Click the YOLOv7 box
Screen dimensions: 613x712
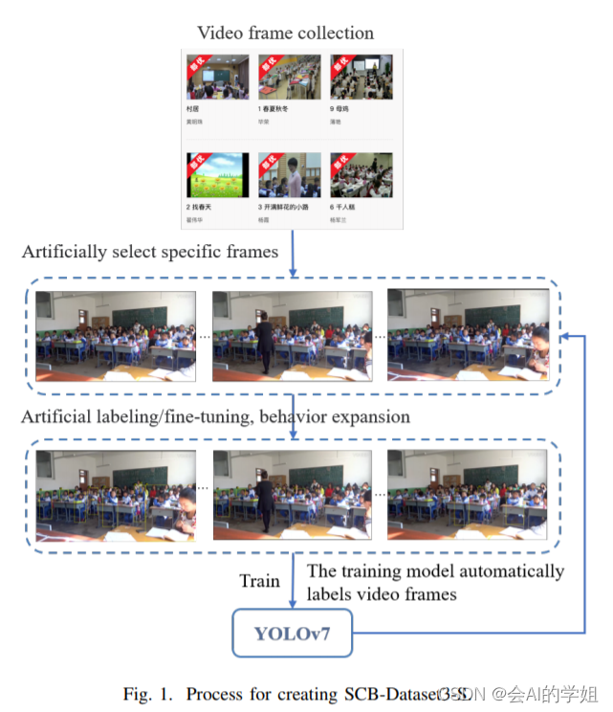point(293,633)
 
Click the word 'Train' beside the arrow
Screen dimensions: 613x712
point(259,581)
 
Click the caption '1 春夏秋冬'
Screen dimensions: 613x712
point(273,109)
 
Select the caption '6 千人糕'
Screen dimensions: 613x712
point(344,207)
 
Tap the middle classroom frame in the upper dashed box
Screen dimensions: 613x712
point(292,337)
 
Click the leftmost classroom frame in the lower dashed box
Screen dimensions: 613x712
point(116,495)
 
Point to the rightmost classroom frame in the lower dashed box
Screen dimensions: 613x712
point(468,495)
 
